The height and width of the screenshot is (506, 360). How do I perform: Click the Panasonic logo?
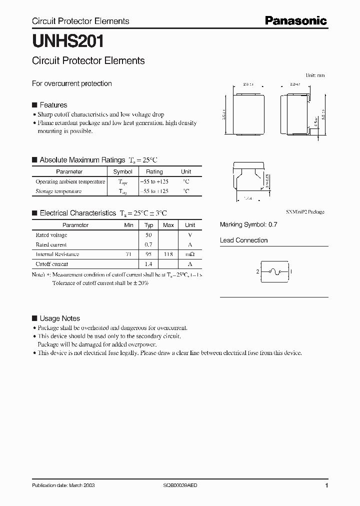pyautogui.click(x=295, y=20)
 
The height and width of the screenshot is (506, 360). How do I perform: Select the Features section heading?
pyautogui.click(x=53, y=105)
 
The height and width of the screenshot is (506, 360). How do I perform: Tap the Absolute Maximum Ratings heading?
pyautogui.click(x=82, y=160)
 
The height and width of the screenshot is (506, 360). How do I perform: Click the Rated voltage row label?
pyautogui.click(x=51, y=235)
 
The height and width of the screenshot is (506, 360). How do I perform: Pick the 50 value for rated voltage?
pyautogui.click(x=148, y=235)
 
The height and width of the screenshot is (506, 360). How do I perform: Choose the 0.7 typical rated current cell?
pyautogui.click(x=148, y=244)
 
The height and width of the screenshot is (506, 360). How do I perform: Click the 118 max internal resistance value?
pyautogui.click(x=168, y=254)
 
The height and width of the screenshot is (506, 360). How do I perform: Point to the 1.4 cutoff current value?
pyautogui.click(x=148, y=263)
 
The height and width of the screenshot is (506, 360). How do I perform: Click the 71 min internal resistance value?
pyautogui.click(x=128, y=254)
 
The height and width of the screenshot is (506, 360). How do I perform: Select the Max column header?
pyautogui.click(x=168, y=225)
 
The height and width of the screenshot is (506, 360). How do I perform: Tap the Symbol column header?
pyautogui.click(x=123, y=171)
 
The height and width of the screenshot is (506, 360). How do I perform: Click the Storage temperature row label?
pyautogui.click(x=58, y=191)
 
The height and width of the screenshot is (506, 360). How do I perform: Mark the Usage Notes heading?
pyautogui.click(x=59, y=318)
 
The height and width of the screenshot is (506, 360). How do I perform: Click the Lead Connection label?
pyautogui.click(x=243, y=240)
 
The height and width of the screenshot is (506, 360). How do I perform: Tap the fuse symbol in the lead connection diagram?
pyautogui.click(x=273, y=272)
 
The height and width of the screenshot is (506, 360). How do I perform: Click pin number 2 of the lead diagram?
pyautogui.click(x=257, y=272)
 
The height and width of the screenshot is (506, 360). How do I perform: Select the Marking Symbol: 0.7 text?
pyautogui.click(x=248, y=225)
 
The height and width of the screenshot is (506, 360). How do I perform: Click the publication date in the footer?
pyautogui.click(x=63, y=485)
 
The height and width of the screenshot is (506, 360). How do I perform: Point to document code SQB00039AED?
pyautogui.click(x=183, y=485)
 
